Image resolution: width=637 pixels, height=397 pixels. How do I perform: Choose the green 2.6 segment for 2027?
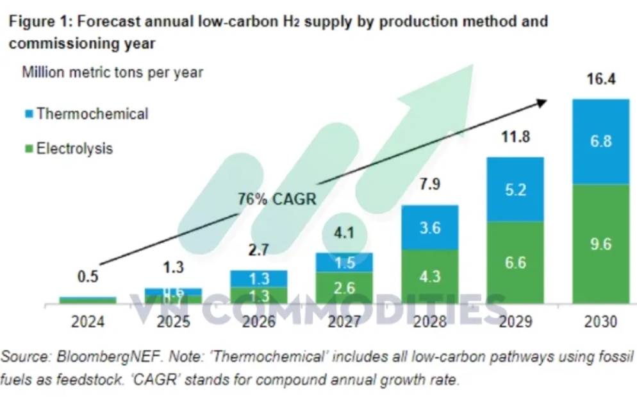coord(344,287)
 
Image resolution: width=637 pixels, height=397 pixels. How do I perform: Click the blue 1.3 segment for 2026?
coord(259,278)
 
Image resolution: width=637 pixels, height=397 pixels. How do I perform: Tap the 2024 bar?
coord(88,300)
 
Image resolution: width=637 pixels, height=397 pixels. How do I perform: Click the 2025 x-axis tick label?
coord(173,321)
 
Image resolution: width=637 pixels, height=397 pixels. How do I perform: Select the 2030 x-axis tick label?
coord(600,321)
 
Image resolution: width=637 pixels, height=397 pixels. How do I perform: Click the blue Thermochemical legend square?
coord(28,114)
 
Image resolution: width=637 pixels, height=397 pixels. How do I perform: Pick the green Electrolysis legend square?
coord(28,149)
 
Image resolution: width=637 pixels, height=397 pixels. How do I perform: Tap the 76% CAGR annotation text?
coord(277,199)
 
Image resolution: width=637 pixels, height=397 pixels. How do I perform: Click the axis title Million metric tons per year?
coord(113,72)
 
